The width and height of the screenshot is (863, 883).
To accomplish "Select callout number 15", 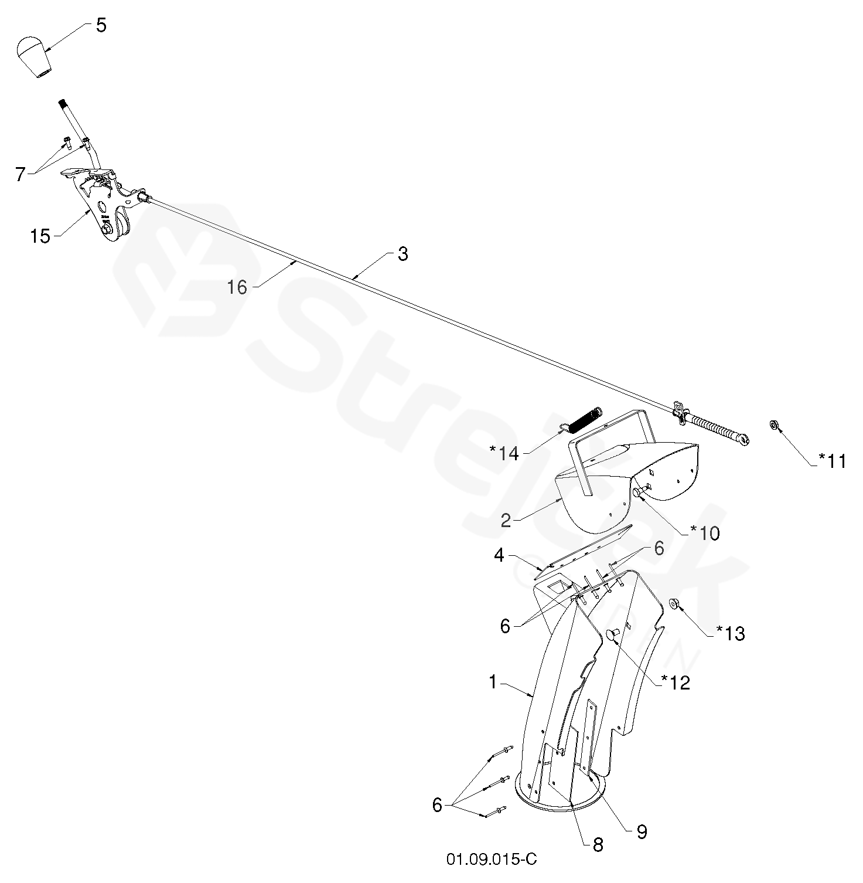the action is pos(40,236).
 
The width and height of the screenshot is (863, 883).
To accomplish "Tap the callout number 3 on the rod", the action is pos(402,254).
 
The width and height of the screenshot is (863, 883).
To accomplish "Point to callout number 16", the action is pos(237,287).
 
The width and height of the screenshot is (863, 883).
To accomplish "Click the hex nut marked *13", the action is pos(674,603).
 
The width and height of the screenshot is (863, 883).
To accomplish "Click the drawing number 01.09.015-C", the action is pos(491,860).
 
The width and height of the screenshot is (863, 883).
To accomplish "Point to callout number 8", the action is pos(598,844).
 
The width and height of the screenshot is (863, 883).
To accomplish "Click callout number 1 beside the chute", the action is pos(493,682).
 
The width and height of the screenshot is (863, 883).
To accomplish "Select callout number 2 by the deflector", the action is pos(506,520).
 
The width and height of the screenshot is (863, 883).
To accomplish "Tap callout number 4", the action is pos(499,555).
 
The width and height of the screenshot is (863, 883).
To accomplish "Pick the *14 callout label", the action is pos(505,453).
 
